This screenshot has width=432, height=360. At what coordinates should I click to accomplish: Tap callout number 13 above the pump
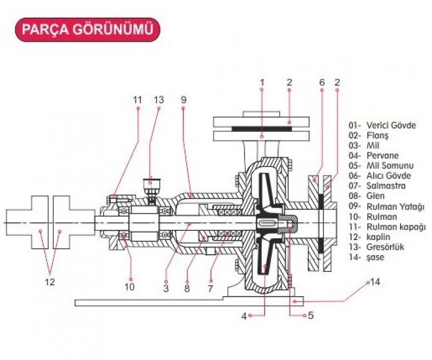click(159, 100)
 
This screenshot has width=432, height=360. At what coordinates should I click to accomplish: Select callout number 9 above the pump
click(183, 100)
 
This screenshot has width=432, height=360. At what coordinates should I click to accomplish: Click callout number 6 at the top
click(322, 83)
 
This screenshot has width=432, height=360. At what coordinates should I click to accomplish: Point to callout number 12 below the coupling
click(51, 283)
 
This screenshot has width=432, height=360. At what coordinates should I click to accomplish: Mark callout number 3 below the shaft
click(166, 289)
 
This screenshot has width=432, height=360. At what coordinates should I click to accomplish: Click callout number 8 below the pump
click(187, 289)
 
